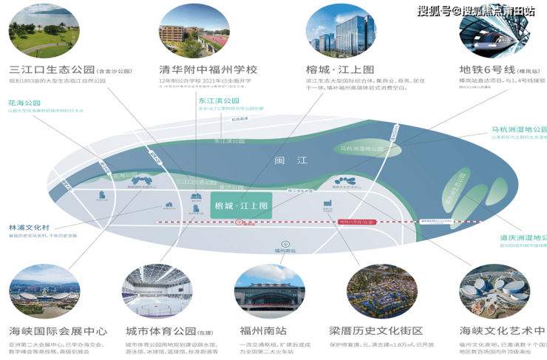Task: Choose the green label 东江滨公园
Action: tap(219, 101)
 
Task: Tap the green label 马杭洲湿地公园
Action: tap(519, 128)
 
